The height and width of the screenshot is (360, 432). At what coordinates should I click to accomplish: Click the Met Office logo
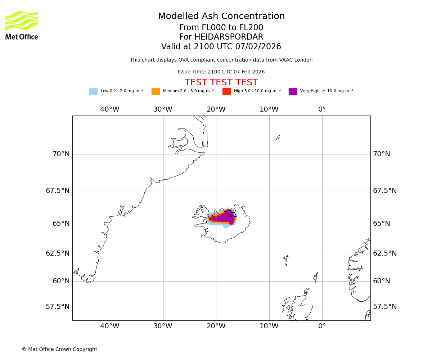coord(22,25)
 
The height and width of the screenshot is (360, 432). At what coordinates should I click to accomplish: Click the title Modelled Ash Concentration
coord(221,17)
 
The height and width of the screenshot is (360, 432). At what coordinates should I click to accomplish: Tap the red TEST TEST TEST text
coord(221,82)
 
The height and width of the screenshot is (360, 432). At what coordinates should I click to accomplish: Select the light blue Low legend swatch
coord(93,91)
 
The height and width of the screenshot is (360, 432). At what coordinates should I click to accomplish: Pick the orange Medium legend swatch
coord(156,91)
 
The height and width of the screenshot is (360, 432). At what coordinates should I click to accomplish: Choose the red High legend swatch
coord(226,91)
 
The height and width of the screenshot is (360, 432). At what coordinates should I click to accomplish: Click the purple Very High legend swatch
coord(293,91)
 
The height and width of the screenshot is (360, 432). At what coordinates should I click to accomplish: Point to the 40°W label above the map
coord(110,109)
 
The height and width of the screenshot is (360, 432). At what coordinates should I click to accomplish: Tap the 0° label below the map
coord(322,326)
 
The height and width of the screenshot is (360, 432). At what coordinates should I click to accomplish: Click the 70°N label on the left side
coord(61,154)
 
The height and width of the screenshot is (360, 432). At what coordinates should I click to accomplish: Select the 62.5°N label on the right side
coord(384,253)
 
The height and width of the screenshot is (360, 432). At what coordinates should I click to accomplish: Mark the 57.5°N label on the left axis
coord(58,307)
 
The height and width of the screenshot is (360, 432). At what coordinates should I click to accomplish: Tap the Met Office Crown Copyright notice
coord(59,349)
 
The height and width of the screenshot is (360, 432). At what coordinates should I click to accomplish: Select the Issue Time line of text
coord(221,72)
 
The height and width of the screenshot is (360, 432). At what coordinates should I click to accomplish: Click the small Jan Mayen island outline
coord(277,138)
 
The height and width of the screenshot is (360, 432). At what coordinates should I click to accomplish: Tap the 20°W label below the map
coord(216,326)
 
